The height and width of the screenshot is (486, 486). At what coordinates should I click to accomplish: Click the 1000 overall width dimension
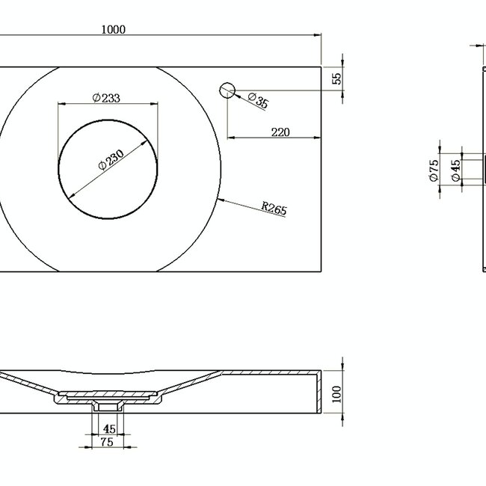pos(114,29)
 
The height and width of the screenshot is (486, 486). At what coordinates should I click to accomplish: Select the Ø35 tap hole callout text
pos(257,101)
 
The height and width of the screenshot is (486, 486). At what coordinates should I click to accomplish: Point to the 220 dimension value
pos(280,132)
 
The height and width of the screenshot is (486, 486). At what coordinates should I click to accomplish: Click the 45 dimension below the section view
pos(108,429)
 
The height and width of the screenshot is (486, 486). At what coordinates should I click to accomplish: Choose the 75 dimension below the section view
pos(108,443)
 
